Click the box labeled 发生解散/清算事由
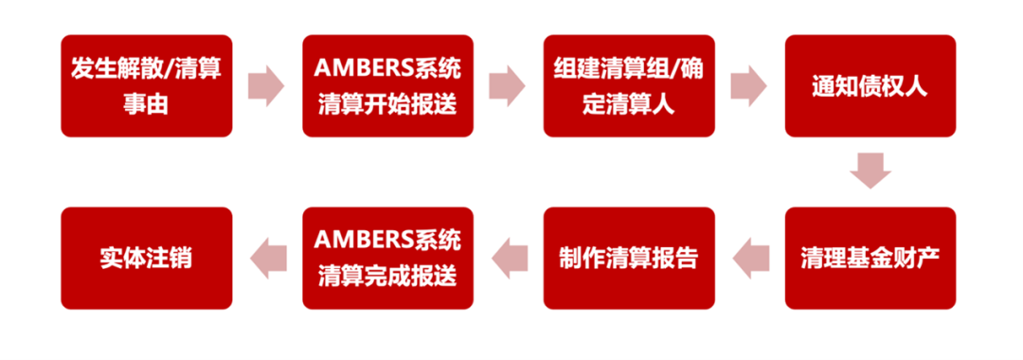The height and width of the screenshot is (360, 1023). pyautogui.click(x=146, y=86)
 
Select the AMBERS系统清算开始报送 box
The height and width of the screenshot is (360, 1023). pyautogui.click(x=387, y=86)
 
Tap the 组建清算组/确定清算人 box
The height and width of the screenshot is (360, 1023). pyautogui.click(x=628, y=86)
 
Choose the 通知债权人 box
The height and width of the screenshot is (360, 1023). pyautogui.click(x=870, y=86)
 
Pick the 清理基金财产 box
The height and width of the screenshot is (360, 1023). pyautogui.click(x=870, y=258)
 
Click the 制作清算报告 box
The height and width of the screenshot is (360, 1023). pyautogui.click(x=628, y=258)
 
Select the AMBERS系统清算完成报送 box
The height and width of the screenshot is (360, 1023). pyautogui.click(x=387, y=258)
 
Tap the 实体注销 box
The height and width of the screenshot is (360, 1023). pyautogui.click(x=146, y=258)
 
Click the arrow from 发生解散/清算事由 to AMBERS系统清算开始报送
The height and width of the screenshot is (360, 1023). pyautogui.click(x=266, y=86)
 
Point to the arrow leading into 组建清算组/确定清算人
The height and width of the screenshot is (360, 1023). pyautogui.click(x=508, y=86)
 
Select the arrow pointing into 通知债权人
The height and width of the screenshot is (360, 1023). pyautogui.click(x=748, y=86)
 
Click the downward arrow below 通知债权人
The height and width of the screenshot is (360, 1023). pyautogui.click(x=870, y=171)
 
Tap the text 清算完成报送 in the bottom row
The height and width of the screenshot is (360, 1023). pyautogui.click(x=387, y=277)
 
